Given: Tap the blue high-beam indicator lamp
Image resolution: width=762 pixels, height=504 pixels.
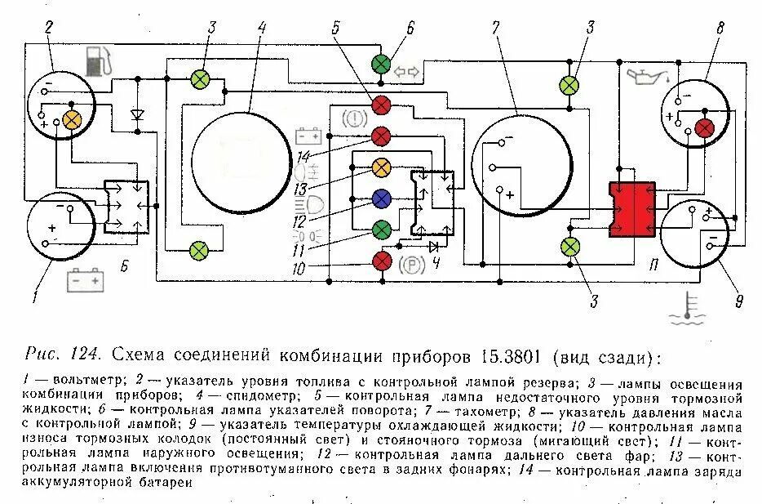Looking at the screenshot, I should click(381, 198).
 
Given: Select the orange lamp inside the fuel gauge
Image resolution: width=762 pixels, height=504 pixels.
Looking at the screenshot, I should click(72, 119).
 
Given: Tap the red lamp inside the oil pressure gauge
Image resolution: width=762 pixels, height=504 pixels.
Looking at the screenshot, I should click(704, 128).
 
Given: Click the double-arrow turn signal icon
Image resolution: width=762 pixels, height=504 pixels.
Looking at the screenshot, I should click(406, 72).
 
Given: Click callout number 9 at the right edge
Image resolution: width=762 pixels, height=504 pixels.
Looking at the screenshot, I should click(738, 302).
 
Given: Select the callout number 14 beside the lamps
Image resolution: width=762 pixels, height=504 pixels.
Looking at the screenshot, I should click(303, 156).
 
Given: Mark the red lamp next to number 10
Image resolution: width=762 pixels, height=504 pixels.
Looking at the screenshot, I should click(381, 261).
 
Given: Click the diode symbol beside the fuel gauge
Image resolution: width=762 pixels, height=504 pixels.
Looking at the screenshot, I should click(137, 114).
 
